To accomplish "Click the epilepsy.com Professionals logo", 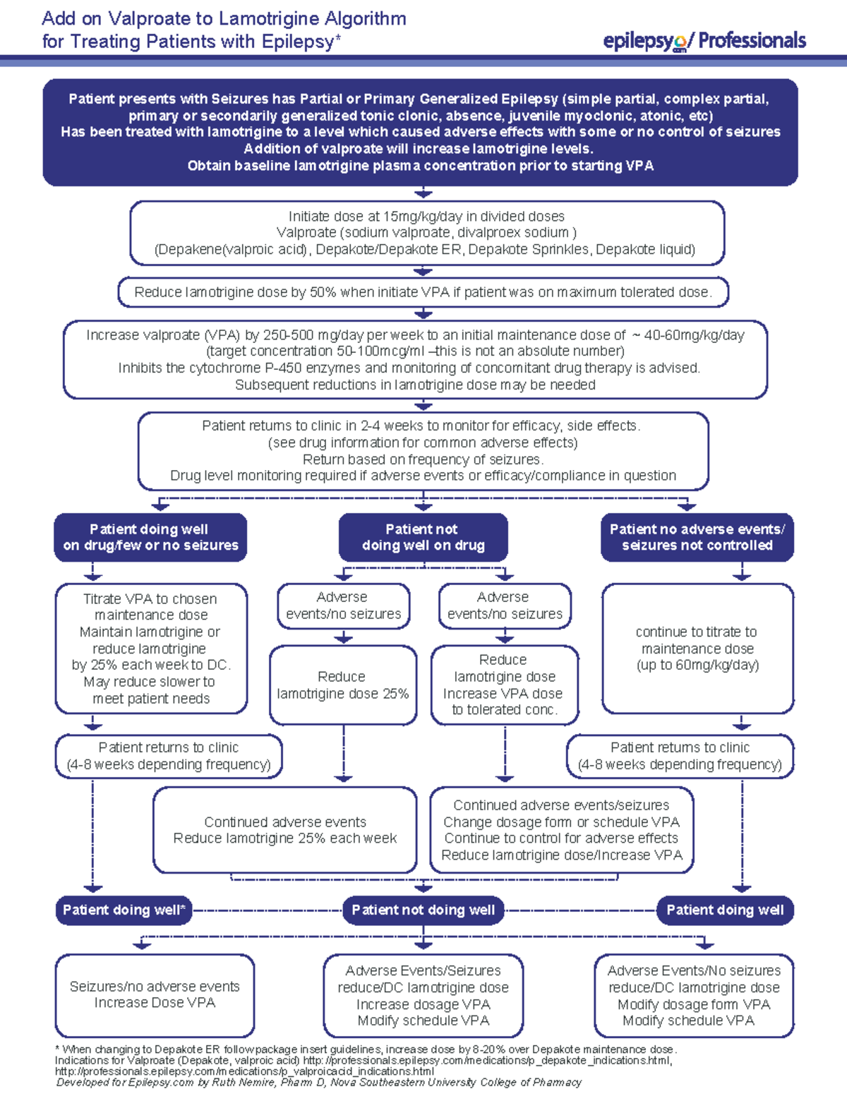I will (704, 42).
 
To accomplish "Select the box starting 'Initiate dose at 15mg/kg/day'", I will (426, 233).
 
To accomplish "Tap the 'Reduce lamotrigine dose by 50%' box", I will (423, 292).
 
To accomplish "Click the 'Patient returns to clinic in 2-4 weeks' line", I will (421, 426).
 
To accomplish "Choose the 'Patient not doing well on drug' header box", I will (423, 537).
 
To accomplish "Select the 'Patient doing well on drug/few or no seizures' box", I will (150, 537).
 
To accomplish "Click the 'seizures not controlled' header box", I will (697, 537).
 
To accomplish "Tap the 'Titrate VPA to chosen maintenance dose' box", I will (151, 648).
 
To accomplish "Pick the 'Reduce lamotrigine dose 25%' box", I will (342, 685).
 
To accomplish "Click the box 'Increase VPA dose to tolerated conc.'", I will (504, 685).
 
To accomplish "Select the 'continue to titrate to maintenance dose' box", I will (697, 648).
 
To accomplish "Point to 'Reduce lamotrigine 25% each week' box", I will (285, 831).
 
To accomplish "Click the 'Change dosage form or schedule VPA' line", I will (561, 822).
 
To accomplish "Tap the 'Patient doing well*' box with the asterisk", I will (124, 910).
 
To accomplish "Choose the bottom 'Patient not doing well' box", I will (423, 910).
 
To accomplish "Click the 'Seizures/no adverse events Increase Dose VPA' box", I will (155, 995).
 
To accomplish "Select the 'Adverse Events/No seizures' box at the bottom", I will (694, 995).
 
